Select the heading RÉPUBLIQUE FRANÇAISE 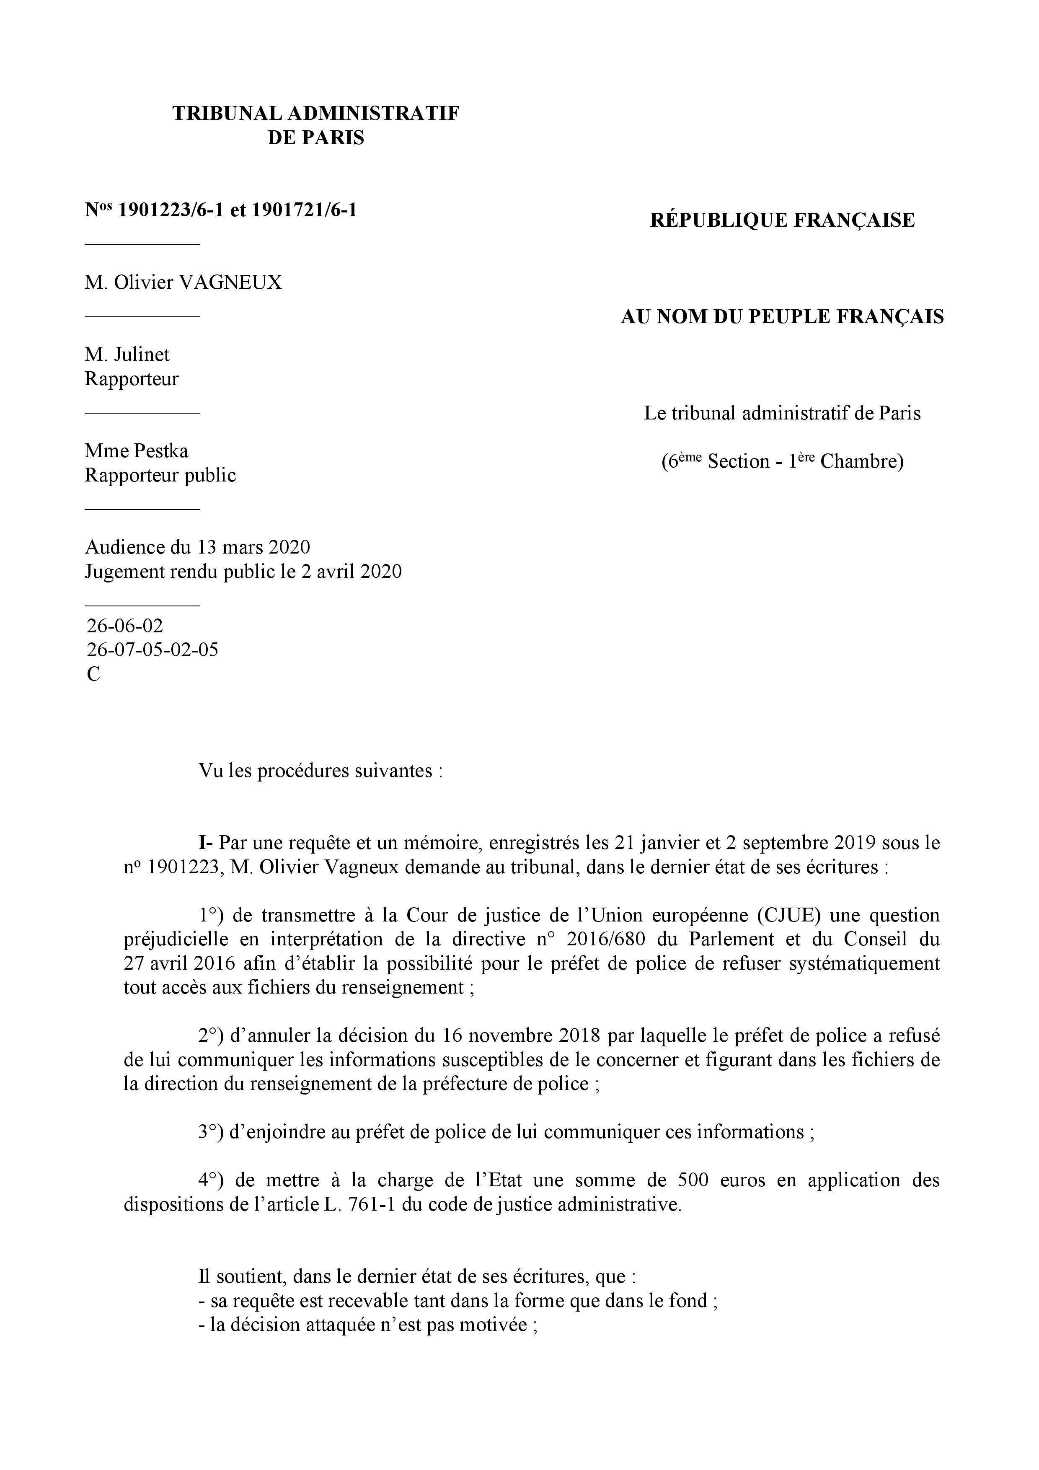(x=782, y=220)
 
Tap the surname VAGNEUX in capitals (x=231, y=282)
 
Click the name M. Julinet (x=127, y=354)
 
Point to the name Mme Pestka (x=136, y=451)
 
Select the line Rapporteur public (x=160, y=475)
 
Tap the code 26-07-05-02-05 (x=152, y=650)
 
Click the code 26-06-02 (x=125, y=626)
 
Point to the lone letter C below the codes (x=93, y=674)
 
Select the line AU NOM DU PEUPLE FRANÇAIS (x=782, y=317)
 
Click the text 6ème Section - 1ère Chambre (x=782, y=461)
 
